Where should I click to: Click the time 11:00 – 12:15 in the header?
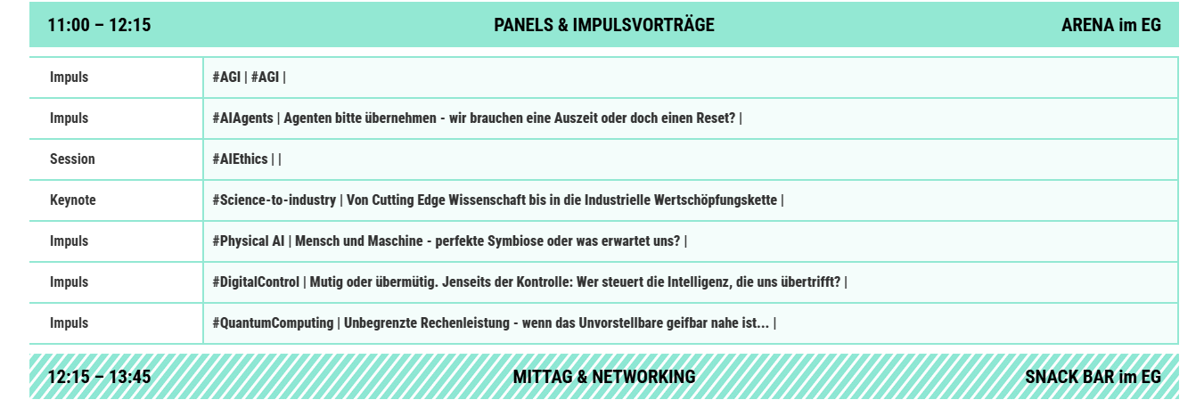(100, 25)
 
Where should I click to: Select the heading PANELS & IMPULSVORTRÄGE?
(604, 25)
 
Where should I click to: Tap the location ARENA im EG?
(1111, 25)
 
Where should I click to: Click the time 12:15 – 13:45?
(100, 377)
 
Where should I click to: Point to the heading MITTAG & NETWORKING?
(604, 377)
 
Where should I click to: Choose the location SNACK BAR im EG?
(1093, 377)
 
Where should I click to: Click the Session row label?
(72, 159)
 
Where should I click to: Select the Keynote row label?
(73, 200)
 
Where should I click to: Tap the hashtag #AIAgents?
(243, 118)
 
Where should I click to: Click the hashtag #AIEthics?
(241, 159)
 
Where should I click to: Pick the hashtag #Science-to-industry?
(274, 200)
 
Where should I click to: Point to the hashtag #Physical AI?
(249, 241)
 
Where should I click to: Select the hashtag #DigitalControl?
(256, 282)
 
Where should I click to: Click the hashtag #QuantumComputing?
(273, 323)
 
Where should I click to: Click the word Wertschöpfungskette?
(716, 200)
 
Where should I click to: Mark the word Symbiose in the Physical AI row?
(512, 241)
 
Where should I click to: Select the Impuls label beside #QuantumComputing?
(69, 323)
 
